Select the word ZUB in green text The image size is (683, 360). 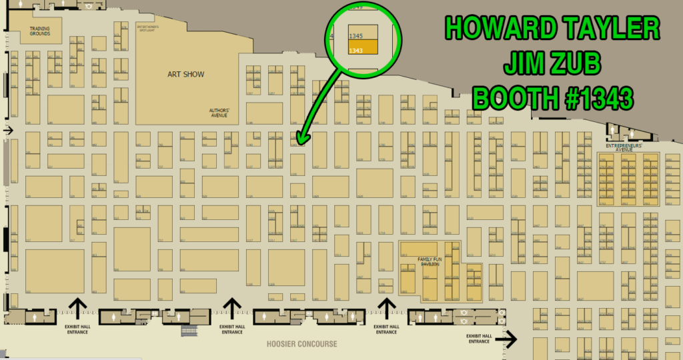(x=574, y=65)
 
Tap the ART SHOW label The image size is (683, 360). (x=185, y=75)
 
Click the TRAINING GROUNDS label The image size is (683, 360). (x=39, y=31)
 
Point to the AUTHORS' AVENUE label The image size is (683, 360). (x=219, y=113)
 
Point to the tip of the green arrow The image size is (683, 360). (x=299, y=143)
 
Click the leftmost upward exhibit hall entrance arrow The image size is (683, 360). (x=77, y=307)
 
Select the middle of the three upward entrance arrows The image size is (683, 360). (x=231, y=307)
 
